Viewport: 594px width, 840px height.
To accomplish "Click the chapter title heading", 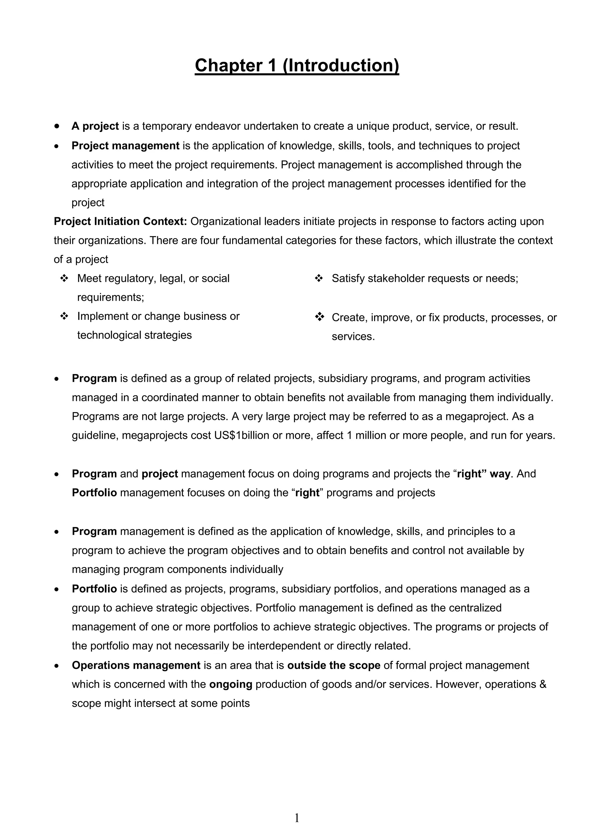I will [x=296, y=66].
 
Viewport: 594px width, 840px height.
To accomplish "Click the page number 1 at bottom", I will [x=297, y=818].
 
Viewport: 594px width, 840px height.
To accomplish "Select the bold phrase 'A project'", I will [x=95, y=126].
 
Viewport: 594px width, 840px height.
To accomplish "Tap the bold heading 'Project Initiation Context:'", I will [x=120, y=221].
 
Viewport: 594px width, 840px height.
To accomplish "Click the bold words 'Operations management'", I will [x=136, y=665].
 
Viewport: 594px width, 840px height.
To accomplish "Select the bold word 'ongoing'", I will [x=231, y=684].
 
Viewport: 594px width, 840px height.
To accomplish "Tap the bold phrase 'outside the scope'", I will [x=334, y=665].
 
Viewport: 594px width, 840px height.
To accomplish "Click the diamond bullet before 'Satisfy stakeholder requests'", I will [x=319, y=279].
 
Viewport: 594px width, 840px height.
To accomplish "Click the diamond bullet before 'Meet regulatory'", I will [x=64, y=279].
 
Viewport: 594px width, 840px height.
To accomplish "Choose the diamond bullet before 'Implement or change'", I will [x=64, y=316].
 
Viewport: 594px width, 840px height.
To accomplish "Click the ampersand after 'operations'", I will [x=543, y=684].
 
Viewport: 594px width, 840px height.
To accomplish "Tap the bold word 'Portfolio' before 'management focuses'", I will [x=94, y=493].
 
